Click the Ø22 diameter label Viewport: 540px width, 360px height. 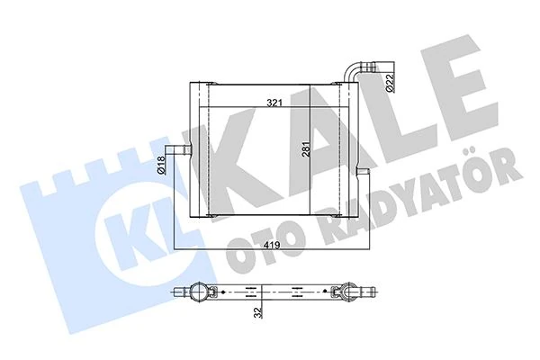(x=390, y=82)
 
